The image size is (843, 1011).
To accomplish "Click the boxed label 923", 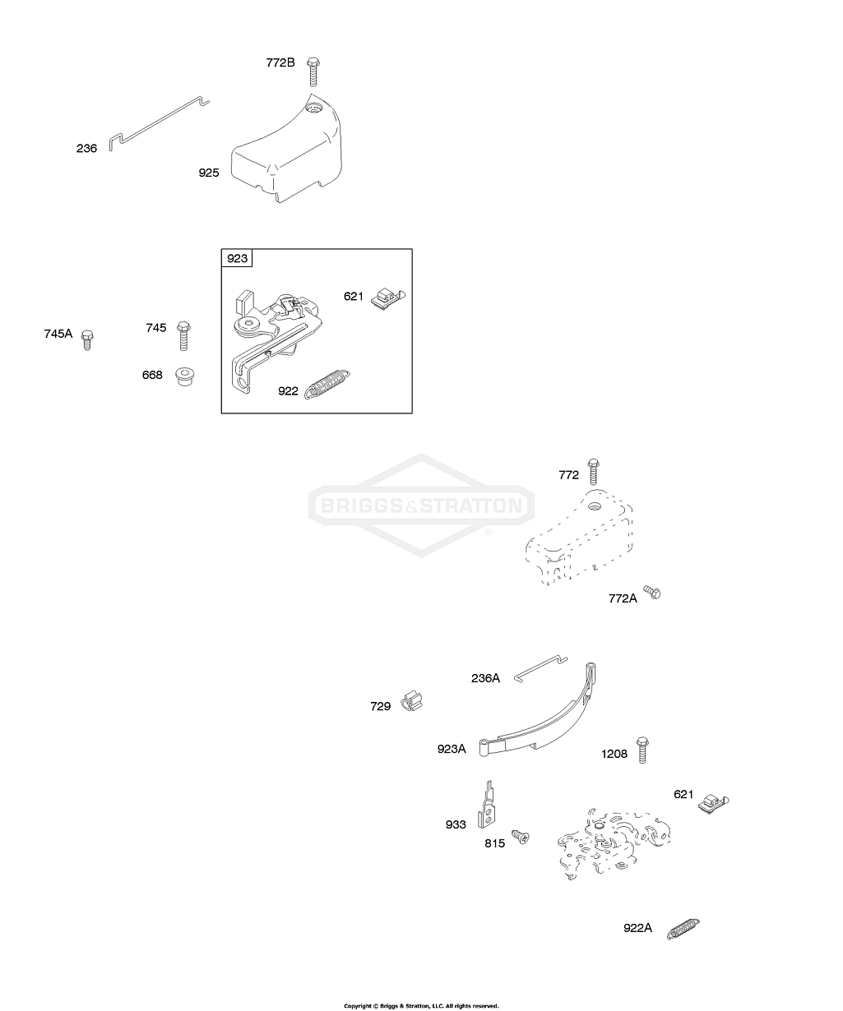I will (x=237, y=259).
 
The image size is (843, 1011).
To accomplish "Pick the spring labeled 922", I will (x=329, y=383).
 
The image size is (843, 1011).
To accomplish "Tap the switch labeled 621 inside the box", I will (x=385, y=298).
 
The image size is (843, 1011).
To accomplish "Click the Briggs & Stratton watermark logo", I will (x=421, y=505).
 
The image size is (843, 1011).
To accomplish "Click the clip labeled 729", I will (x=414, y=702).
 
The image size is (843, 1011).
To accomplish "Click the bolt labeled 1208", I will (x=642, y=749).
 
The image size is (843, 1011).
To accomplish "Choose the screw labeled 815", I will (x=520, y=837).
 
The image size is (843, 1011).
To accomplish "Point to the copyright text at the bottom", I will (x=421, y=1005).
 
